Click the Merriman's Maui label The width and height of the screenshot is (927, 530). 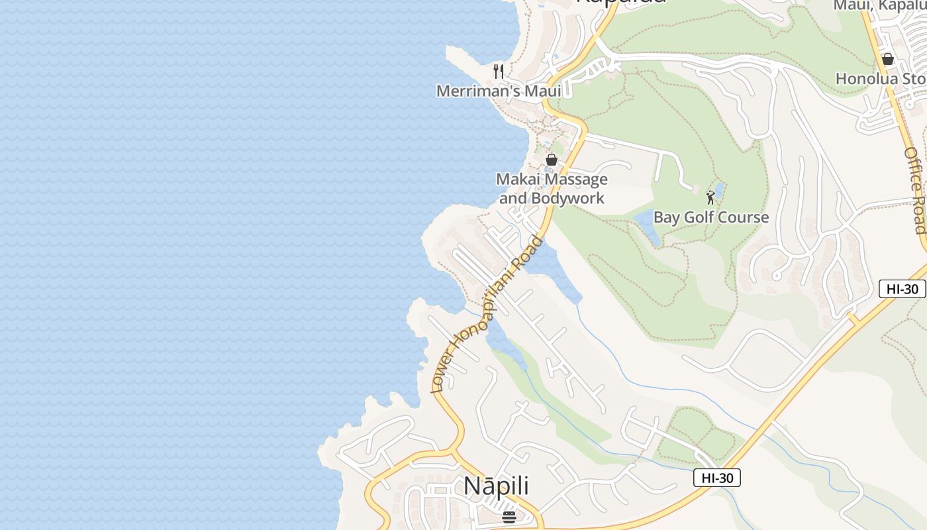(498, 91)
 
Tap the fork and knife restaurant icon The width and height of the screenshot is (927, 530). (499, 71)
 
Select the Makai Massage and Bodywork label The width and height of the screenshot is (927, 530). (552, 189)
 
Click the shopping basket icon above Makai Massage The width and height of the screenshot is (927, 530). (551, 160)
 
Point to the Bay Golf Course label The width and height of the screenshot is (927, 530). (711, 217)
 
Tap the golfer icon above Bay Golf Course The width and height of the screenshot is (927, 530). (710, 197)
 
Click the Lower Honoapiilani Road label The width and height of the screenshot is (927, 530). (487, 315)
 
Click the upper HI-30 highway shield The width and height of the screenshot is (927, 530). (902, 289)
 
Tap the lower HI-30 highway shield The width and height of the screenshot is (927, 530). (717, 478)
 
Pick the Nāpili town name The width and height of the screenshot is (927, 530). (496, 486)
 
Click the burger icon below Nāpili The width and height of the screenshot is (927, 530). (509, 517)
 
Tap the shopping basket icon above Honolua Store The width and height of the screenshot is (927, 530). (887, 59)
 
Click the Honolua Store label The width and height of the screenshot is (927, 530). (881, 78)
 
